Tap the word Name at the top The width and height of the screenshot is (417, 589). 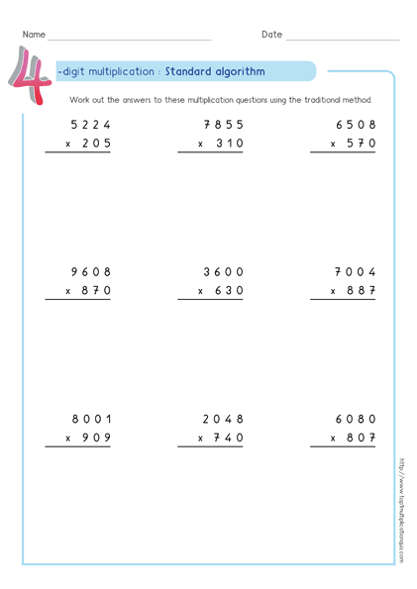click(x=34, y=35)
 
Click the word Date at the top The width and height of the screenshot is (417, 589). click(x=271, y=35)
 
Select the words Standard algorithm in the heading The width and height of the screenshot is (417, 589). click(x=215, y=71)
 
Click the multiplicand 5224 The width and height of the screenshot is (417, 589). click(x=91, y=125)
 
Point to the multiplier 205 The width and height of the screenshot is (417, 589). click(x=95, y=144)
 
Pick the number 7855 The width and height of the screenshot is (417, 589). click(x=223, y=125)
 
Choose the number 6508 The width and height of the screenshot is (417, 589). click(x=357, y=125)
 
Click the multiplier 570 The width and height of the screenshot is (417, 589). click(x=361, y=144)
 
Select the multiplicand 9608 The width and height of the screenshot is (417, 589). click(x=91, y=271)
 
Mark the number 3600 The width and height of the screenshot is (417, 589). click(x=223, y=271)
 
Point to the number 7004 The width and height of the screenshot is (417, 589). click(x=357, y=271)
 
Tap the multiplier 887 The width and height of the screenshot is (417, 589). click(x=361, y=290)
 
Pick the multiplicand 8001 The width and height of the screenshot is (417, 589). click(x=91, y=418)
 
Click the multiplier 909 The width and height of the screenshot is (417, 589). click(x=95, y=437)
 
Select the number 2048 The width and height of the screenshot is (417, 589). click(x=223, y=418)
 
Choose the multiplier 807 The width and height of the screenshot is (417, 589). click(x=361, y=437)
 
